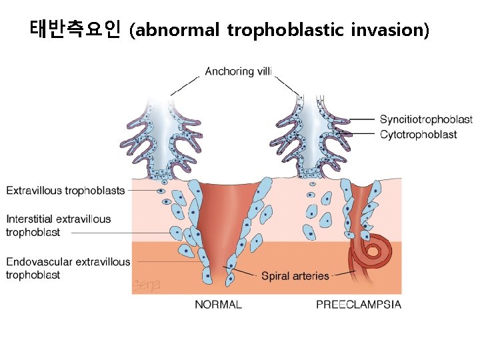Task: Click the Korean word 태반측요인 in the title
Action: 75,29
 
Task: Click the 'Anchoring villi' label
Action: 239,71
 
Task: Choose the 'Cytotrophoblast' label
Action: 418,135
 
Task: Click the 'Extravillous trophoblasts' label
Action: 65,191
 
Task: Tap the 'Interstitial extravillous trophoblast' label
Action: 59,225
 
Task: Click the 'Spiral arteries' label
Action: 295,276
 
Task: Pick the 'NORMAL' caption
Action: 218,305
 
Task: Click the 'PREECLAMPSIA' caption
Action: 359,305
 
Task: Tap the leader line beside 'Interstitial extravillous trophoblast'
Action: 120,233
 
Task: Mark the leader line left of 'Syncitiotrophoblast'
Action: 360,120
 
